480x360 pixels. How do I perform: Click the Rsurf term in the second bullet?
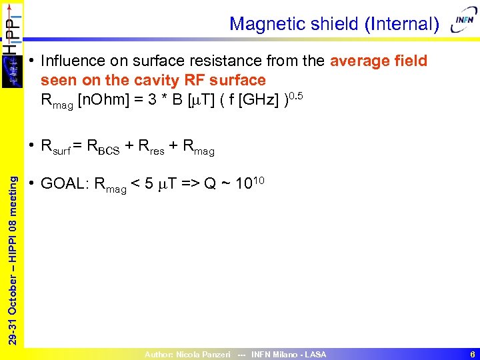[x=57, y=147]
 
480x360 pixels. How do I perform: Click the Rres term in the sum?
[x=150, y=147]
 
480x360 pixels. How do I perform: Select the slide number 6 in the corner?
[x=471, y=355]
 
